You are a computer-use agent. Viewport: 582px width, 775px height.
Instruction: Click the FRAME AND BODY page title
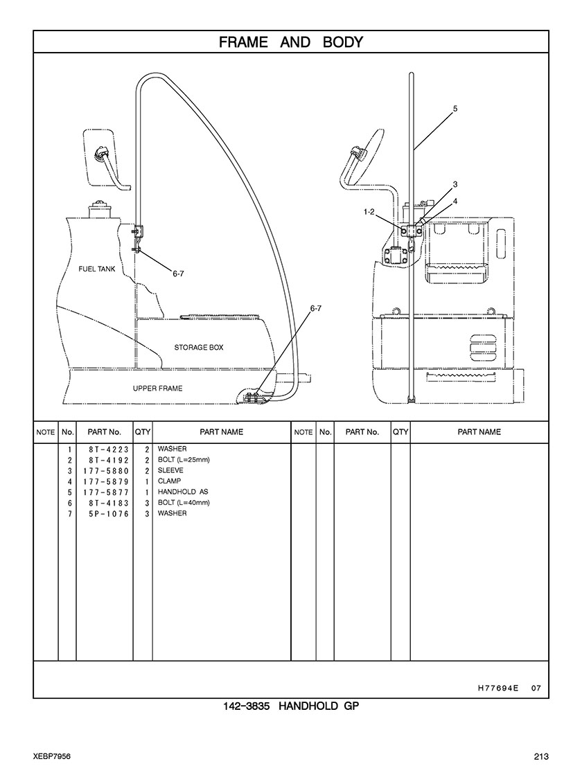(291, 42)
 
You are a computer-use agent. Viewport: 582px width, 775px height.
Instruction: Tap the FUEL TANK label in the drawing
(97, 269)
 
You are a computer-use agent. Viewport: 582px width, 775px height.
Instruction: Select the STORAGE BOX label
(198, 348)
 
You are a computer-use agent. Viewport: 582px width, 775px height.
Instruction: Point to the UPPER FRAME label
(157, 389)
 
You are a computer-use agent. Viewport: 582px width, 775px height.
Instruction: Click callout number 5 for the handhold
(455, 108)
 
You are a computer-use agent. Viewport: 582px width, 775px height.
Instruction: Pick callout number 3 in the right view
(455, 184)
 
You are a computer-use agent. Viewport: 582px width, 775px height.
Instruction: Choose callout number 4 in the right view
(455, 201)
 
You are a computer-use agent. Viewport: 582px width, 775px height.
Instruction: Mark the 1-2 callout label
(369, 212)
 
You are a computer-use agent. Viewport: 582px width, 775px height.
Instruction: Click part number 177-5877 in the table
(106, 492)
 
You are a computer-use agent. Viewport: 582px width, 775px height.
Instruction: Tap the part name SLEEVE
(170, 470)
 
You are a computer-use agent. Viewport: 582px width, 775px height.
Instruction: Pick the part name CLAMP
(169, 481)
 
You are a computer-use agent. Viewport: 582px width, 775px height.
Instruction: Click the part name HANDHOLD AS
(183, 492)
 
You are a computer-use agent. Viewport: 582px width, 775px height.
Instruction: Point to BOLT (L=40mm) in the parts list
(184, 503)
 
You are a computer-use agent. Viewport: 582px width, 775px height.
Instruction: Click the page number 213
(541, 757)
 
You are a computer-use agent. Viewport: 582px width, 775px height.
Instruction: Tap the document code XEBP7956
(52, 757)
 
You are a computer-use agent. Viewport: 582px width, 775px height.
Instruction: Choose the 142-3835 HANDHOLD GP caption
(291, 706)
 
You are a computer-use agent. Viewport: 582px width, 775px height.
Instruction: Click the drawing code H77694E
(497, 688)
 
